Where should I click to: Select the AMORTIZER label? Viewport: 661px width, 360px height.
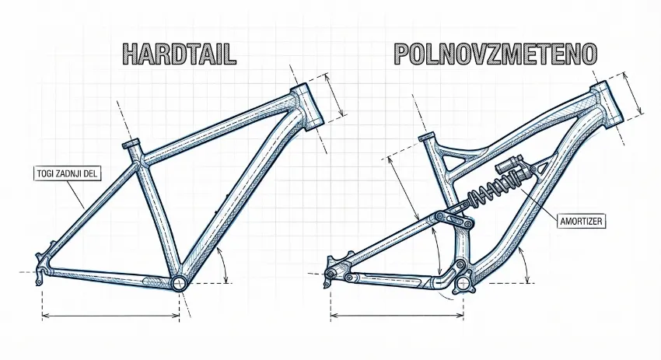582,221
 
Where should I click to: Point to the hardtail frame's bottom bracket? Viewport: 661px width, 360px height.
180,283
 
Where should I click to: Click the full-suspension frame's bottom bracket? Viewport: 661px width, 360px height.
464,284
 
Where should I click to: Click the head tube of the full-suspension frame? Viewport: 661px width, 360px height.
606,103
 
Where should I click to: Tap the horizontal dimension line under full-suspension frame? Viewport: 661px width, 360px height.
397,315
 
